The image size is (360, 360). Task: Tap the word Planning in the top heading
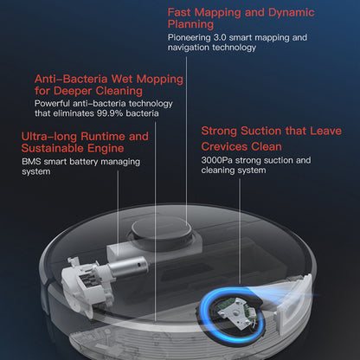[190, 24]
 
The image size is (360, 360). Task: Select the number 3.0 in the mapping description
[220, 37]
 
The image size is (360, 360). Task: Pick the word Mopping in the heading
[159, 80]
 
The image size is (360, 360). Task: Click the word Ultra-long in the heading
[49, 136]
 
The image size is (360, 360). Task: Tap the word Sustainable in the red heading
[53, 148]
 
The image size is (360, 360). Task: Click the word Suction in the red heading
[261, 131]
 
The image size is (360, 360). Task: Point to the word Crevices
[224, 147]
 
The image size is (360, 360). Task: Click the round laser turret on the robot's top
[162, 231]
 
